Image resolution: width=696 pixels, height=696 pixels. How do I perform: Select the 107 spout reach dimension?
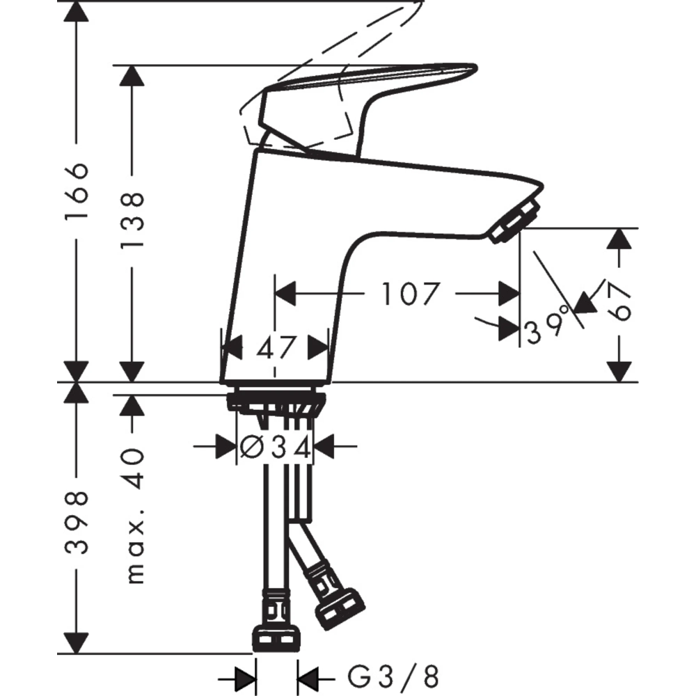click(411, 294)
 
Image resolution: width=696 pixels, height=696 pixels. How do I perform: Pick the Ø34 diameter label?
click(275, 447)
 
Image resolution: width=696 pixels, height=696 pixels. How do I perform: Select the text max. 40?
click(132, 515)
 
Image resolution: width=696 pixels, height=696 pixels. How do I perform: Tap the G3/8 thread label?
click(393, 674)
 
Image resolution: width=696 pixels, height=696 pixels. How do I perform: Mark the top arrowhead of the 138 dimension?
click(132, 78)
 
